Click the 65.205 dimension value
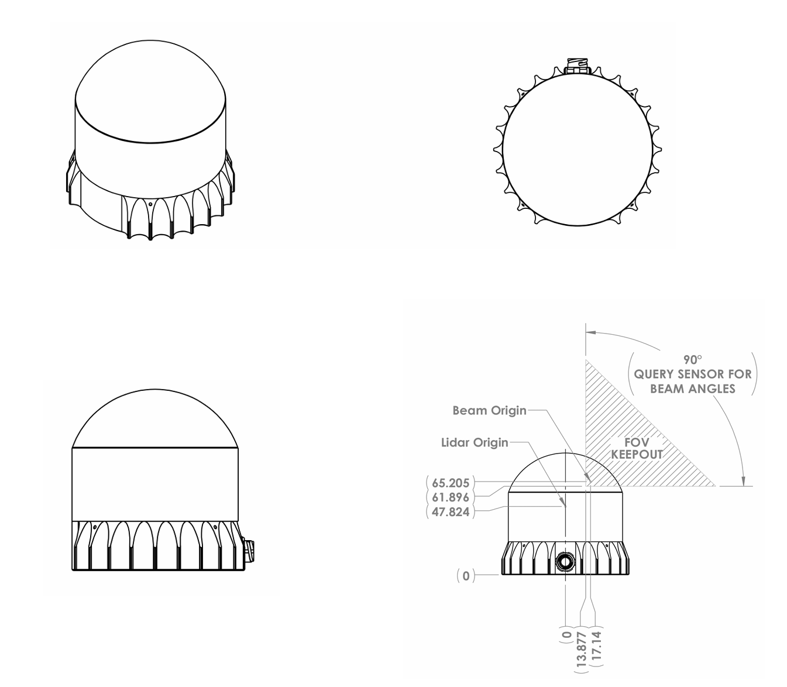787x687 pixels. (451, 483)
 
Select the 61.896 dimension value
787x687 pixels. (451, 497)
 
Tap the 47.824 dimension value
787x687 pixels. (451, 512)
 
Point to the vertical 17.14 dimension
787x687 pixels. (597, 646)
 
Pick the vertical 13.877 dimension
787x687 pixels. (582, 648)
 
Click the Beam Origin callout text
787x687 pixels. (489, 410)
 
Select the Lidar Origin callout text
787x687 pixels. (475, 442)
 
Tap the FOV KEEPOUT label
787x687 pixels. (637, 448)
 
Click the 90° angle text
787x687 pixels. (692, 359)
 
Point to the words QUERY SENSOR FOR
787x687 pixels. (693, 374)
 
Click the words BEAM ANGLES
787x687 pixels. (693, 389)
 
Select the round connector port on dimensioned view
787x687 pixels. (565, 562)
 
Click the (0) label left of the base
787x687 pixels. (466, 576)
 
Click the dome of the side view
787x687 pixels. (154, 418)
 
